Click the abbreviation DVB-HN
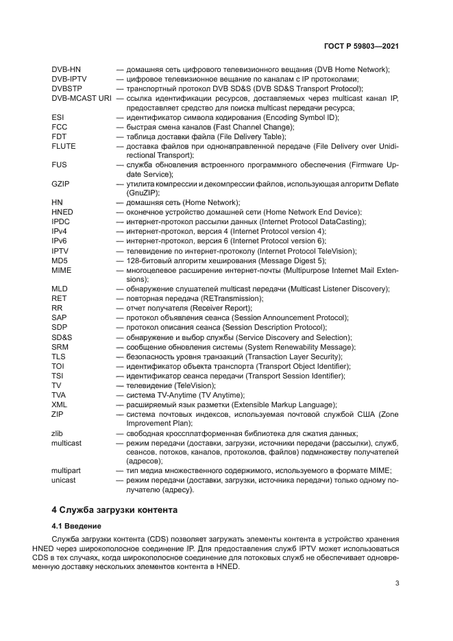click(66, 70)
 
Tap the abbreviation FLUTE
click(64, 146)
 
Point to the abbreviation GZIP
click(61, 184)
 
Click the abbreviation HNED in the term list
click(63, 213)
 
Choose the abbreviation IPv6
click(60, 241)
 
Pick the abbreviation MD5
click(60, 261)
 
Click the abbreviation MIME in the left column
click(61, 270)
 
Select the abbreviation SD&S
click(62, 337)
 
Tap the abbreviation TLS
click(58, 356)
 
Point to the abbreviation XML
click(59, 404)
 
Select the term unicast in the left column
click(64, 481)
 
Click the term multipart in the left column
click(66, 470)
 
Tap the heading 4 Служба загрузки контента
click(115, 510)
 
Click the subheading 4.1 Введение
click(77, 526)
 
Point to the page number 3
click(397, 583)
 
